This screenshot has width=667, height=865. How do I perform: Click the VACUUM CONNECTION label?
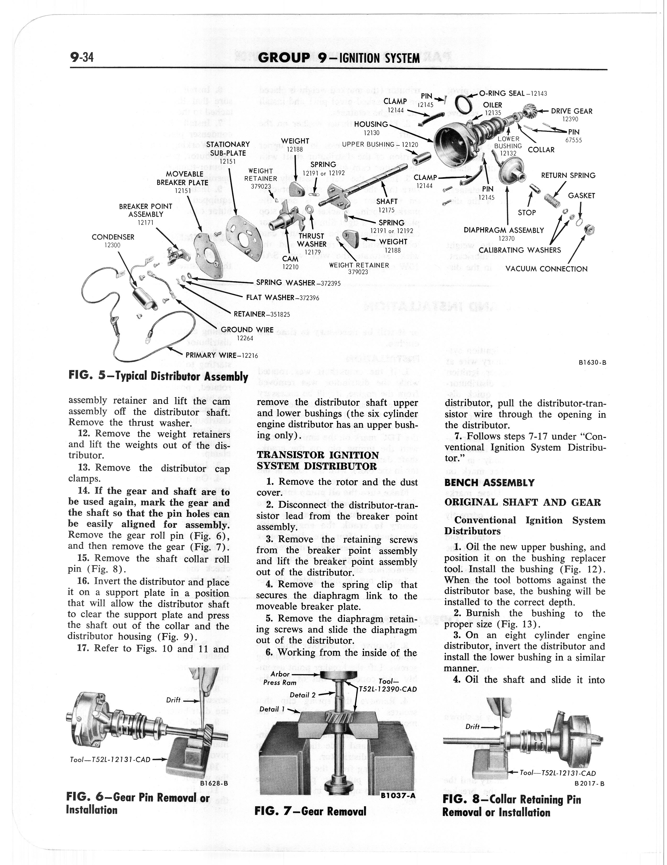[546, 269]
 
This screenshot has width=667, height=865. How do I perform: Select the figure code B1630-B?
[592, 362]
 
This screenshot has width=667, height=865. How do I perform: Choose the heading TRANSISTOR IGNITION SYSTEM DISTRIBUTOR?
[318, 460]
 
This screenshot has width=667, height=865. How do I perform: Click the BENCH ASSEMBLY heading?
[489, 483]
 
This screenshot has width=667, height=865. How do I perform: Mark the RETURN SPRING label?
[568, 175]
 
